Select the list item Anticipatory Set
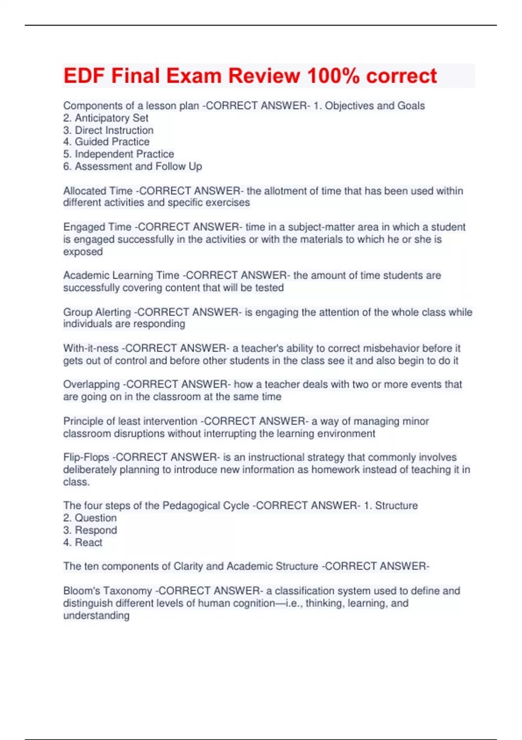pos(111,118)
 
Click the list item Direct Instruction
pos(114,130)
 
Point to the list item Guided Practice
pos(112,142)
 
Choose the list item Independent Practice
pos(124,154)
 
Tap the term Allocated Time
pos(98,191)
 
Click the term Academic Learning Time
pos(121,276)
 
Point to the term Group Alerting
pos(97,312)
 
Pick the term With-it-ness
pos(91,348)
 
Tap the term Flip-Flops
pos(86,457)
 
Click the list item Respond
pos(96,530)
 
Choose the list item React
pos(88,542)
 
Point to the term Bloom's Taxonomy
pos(107,591)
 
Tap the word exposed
pos(83,252)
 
